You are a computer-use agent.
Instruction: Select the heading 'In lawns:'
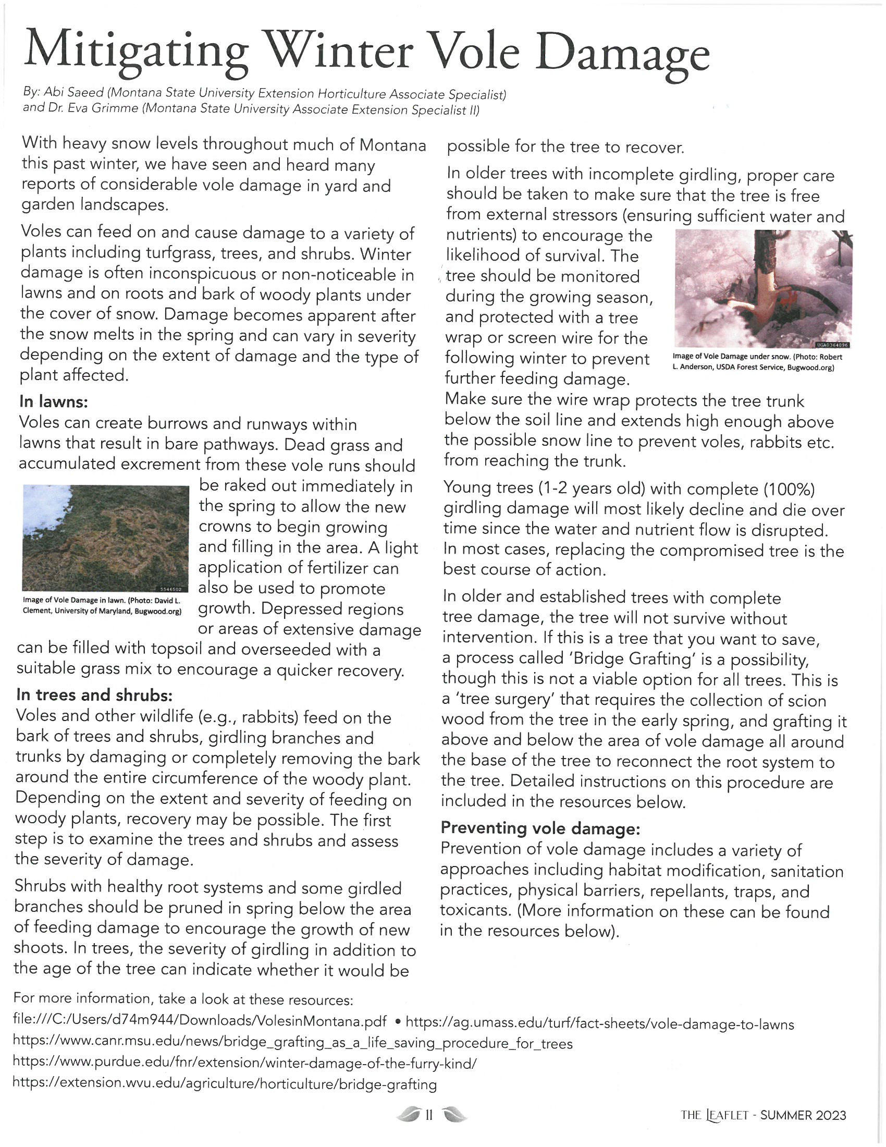pyautogui.click(x=53, y=402)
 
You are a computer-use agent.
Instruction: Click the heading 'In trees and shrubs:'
pyautogui.click(x=94, y=695)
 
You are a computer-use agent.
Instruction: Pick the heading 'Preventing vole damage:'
pyautogui.click(x=540, y=828)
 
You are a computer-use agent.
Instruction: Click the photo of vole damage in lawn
pyautogui.click(x=105, y=539)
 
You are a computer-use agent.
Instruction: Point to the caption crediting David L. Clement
pyautogui.click(x=102, y=605)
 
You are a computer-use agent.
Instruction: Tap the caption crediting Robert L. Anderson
pyautogui.click(x=757, y=362)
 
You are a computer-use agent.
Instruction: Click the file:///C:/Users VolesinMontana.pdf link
pyautogui.click(x=200, y=1021)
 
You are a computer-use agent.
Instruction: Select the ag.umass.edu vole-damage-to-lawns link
pyautogui.click(x=599, y=1024)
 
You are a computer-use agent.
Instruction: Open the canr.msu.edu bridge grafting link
pyautogui.click(x=292, y=1043)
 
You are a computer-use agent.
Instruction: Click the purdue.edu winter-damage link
pyautogui.click(x=244, y=1064)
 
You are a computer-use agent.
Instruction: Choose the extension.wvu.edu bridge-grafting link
pyautogui.click(x=225, y=1084)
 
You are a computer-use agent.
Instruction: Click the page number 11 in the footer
pyautogui.click(x=429, y=1115)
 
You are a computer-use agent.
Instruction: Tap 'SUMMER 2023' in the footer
pyautogui.click(x=803, y=1115)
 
